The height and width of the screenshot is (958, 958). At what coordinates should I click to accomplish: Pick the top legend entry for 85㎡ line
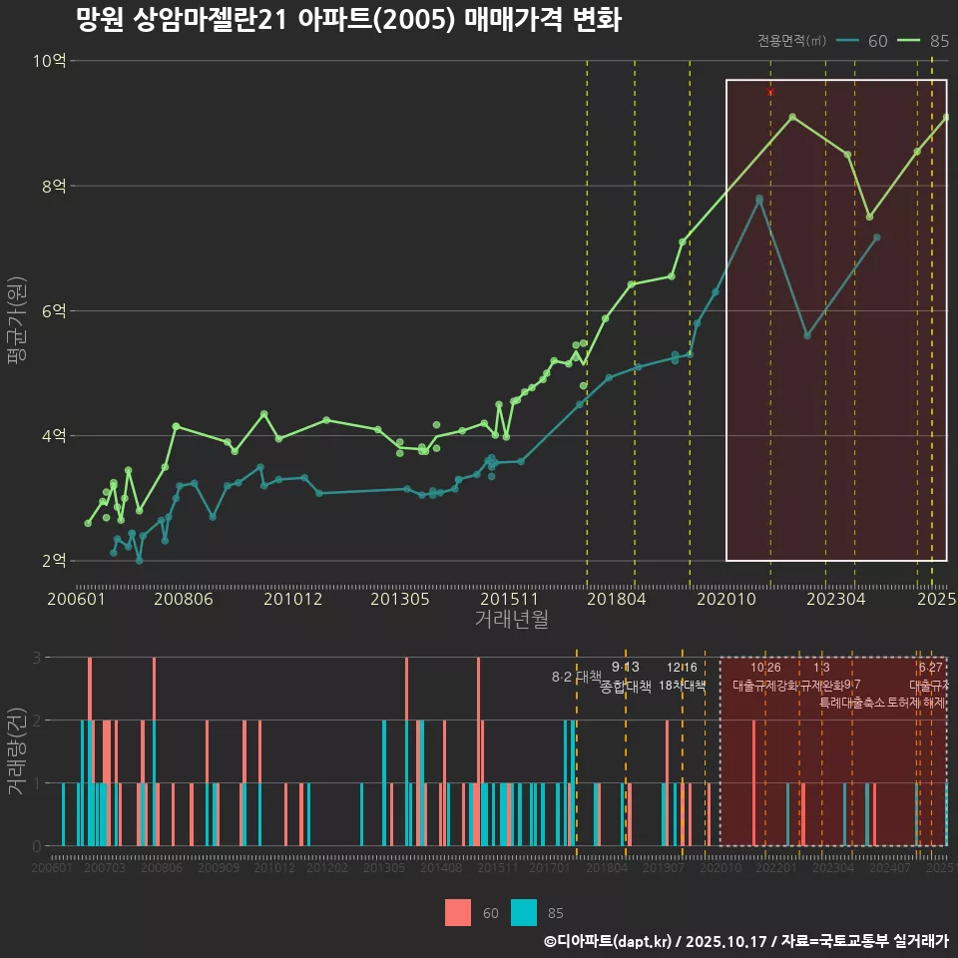[923, 41]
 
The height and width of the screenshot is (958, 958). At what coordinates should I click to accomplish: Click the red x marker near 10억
[770, 92]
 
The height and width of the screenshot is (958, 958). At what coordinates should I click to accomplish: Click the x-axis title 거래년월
[511, 620]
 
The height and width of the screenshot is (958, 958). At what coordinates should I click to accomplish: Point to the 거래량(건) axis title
[17, 751]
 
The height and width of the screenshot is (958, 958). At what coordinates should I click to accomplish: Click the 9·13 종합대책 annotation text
[626, 677]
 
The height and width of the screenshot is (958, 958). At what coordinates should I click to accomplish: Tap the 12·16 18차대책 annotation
[683, 677]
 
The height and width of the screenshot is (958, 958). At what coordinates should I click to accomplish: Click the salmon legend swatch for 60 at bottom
[458, 912]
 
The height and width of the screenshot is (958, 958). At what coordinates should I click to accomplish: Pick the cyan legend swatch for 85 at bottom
[524, 912]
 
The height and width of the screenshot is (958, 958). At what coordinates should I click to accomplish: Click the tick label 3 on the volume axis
[36, 658]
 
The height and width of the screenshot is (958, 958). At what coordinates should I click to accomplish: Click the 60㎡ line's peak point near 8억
[759, 199]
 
